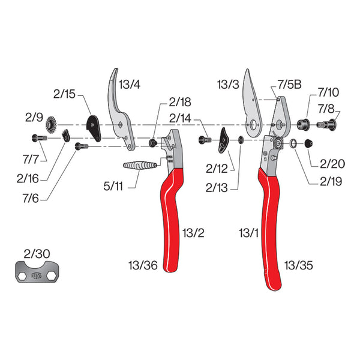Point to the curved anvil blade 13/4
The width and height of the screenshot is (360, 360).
coord(119,105)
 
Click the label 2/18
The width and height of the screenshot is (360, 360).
coord(179,101)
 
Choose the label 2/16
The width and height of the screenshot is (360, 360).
coord(29,178)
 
